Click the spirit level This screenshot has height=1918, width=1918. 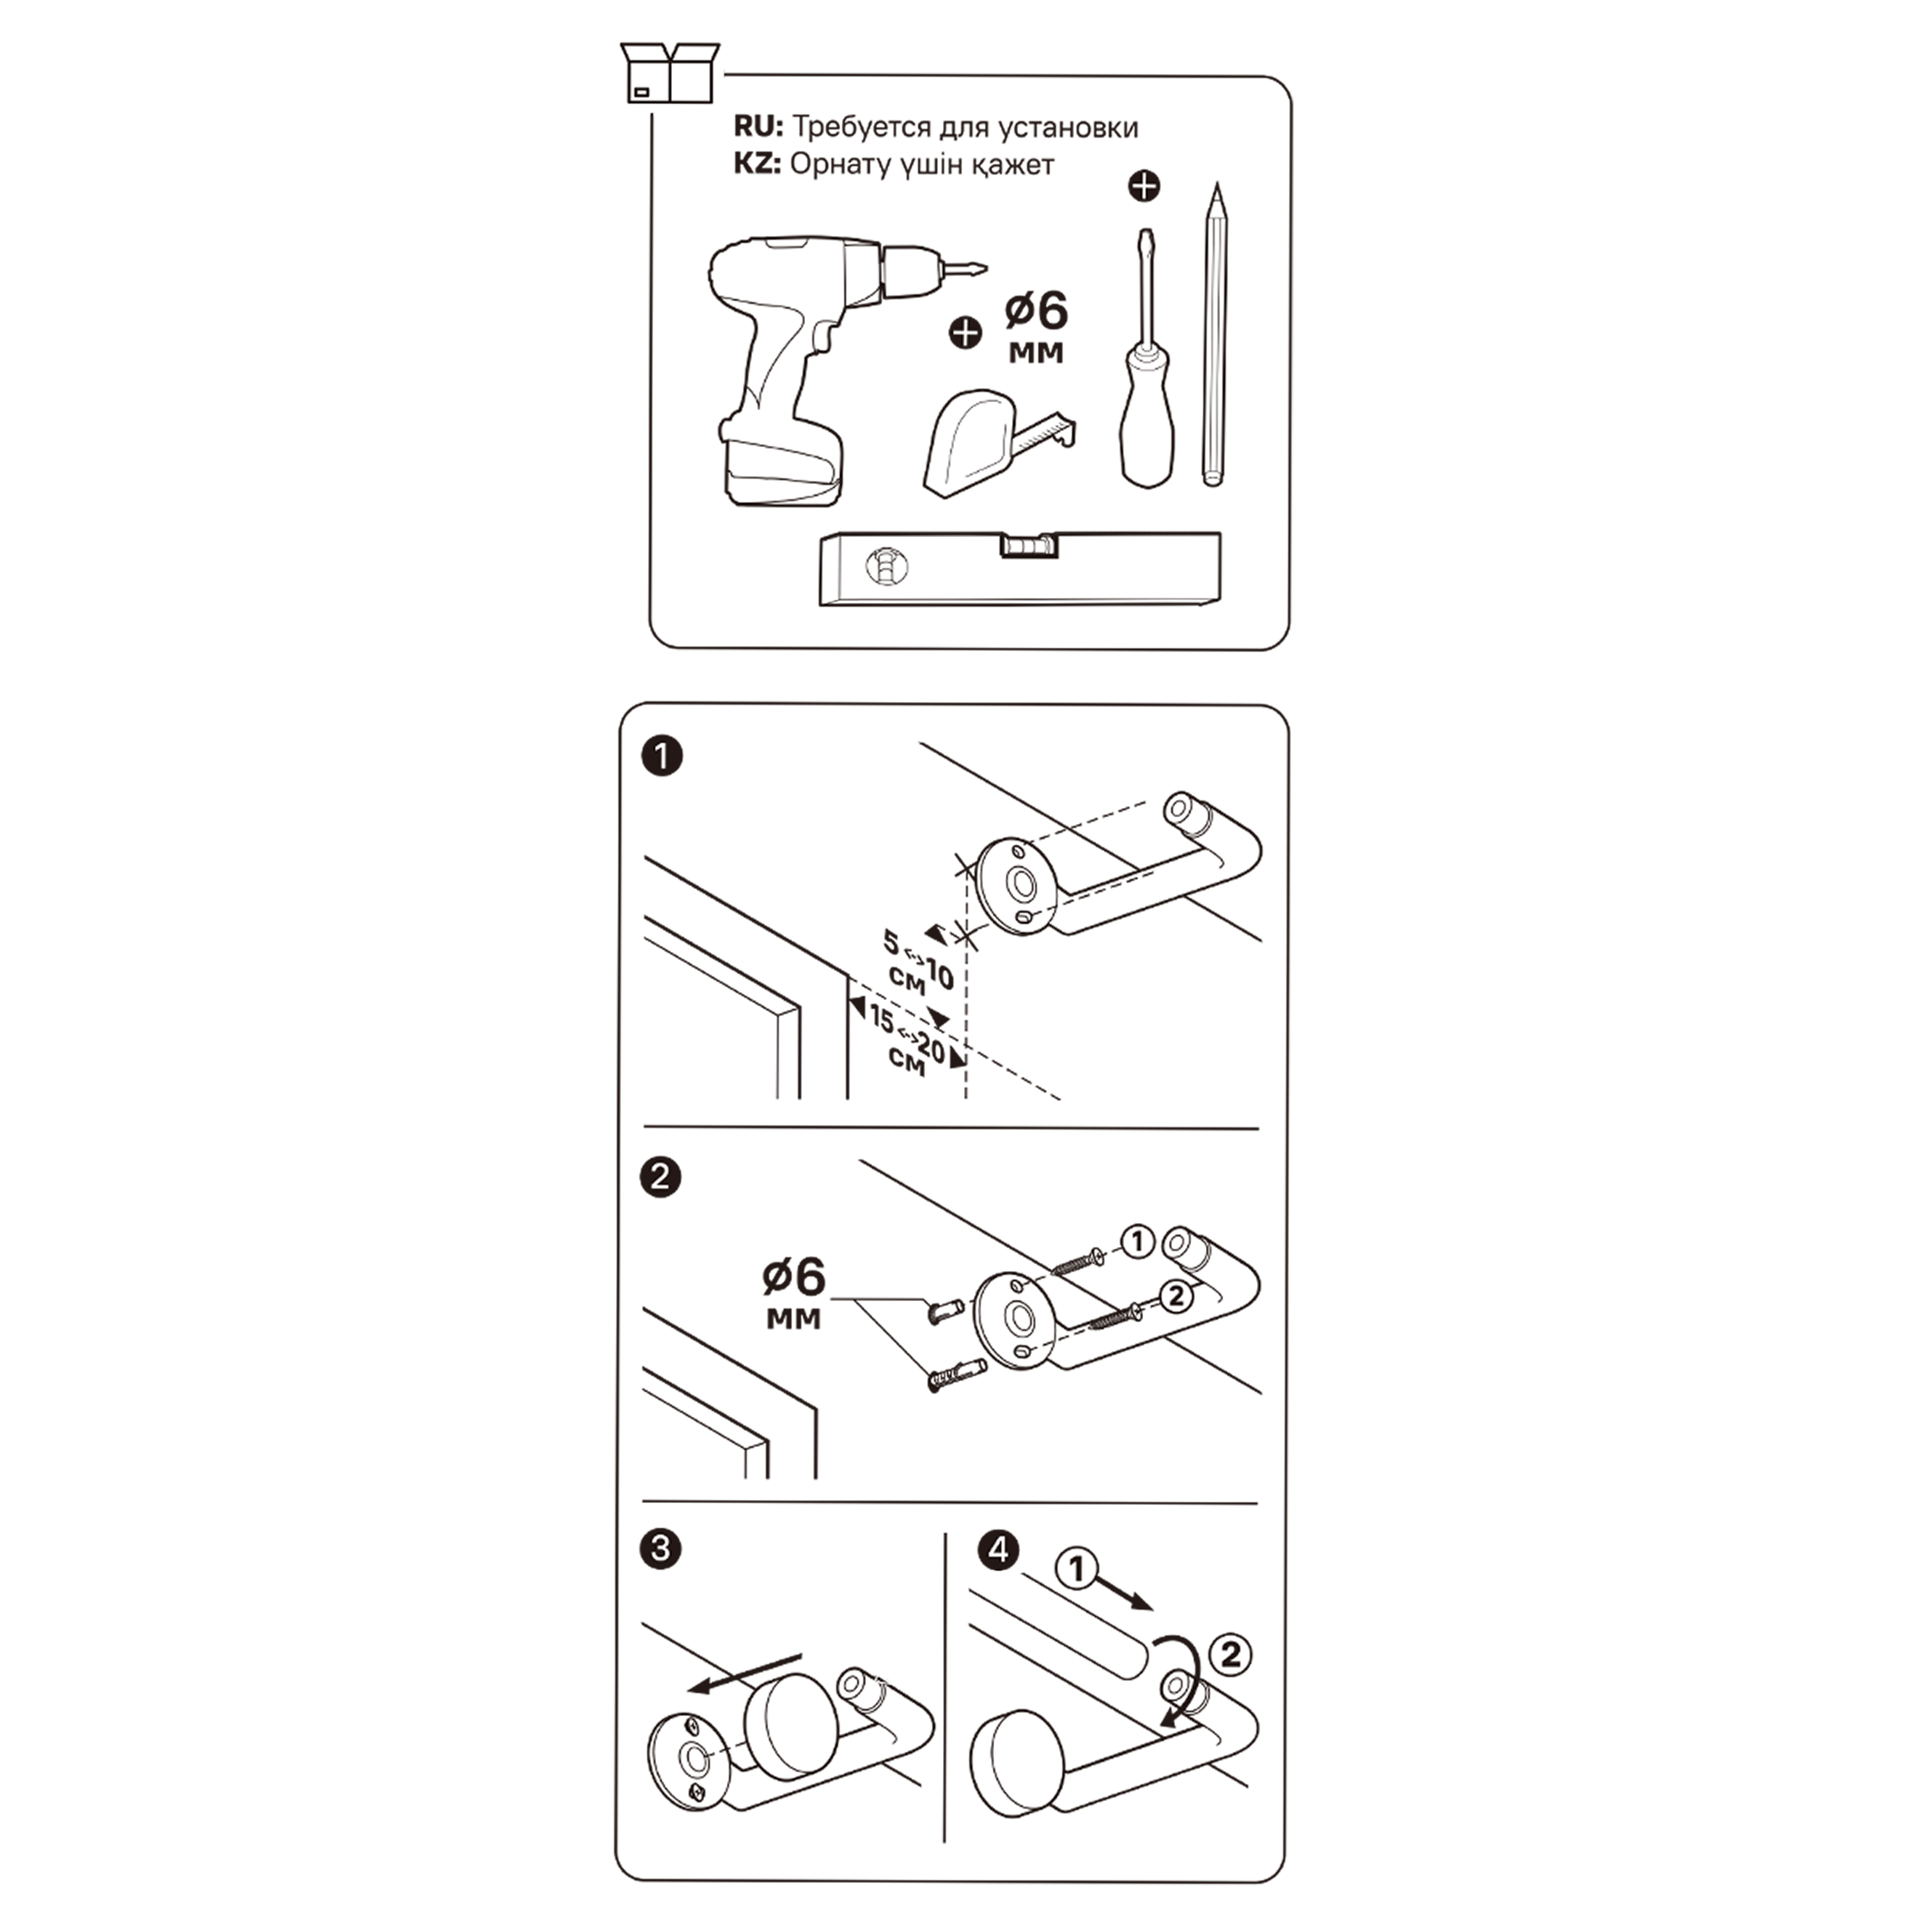click(x=1020, y=569)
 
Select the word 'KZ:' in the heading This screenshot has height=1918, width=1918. click(x=758, y=164)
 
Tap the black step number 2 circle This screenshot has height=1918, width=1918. click(x=661, y=1178)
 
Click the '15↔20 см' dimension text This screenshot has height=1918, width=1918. click(x=908, y=1041)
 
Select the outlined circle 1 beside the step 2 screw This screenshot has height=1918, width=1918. click(x=1138, y=1241)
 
